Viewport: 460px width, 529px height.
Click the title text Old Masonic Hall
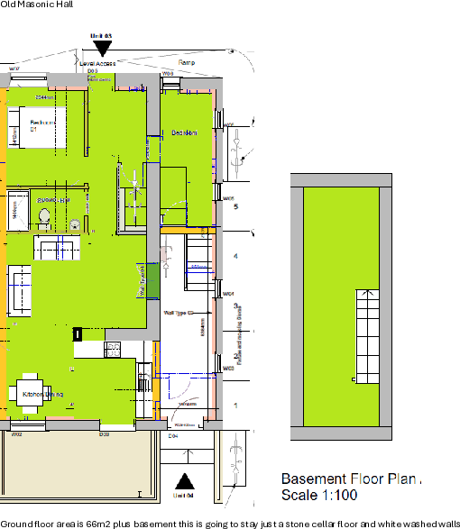[x=38, y=5]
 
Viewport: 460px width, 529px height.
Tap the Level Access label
[x=97, y=64]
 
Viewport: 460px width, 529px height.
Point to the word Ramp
[x=187, y=62]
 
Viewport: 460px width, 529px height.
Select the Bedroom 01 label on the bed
[x=39, y=125]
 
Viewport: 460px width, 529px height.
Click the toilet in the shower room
[x=44, y=214]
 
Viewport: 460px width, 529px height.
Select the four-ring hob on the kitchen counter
[x=115, y=346]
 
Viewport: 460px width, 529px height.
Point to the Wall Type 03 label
[x=175, y=312]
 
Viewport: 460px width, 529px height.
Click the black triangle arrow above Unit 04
[x=183, y=480]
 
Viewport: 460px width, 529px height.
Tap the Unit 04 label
[x=183, y=495]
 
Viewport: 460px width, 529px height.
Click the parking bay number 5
[x=235, y=207]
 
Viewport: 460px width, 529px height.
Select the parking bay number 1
[x=235, y=407]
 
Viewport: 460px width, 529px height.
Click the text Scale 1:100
[x=319, y=495]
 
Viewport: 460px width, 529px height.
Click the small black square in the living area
[x=78, y=334]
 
